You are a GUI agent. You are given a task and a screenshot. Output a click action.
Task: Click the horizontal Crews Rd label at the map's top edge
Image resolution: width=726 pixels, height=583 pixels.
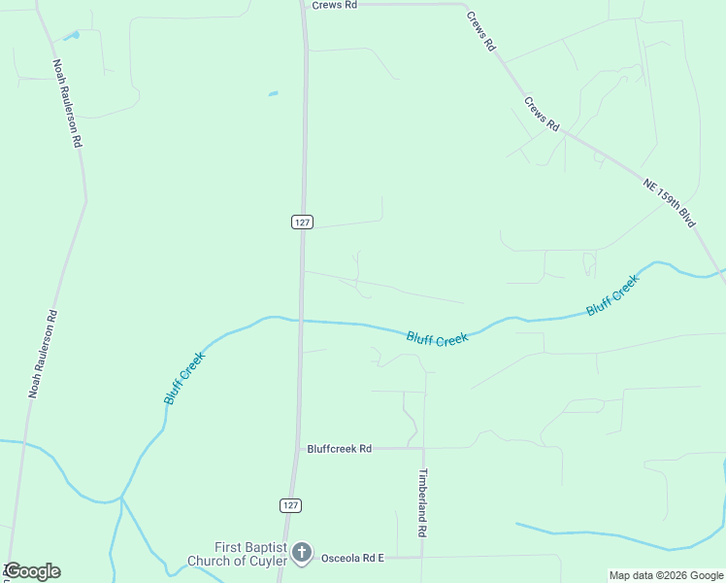335,5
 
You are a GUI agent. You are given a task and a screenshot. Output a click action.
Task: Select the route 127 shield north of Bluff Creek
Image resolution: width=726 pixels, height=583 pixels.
302,222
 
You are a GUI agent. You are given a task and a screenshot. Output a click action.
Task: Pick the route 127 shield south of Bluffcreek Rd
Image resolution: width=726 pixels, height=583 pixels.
291,505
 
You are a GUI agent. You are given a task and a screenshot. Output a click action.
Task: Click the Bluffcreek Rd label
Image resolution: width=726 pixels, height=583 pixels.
340,449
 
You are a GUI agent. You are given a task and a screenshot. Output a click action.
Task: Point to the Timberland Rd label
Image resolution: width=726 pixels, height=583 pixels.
423,504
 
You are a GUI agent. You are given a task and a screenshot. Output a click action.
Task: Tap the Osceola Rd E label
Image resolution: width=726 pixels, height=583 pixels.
353,557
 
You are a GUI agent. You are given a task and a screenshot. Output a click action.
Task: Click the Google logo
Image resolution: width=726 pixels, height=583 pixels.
33,571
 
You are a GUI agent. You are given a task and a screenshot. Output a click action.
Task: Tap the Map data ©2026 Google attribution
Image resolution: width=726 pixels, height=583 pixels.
666,575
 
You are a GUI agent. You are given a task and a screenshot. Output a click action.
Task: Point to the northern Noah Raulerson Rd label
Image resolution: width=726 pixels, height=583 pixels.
67,102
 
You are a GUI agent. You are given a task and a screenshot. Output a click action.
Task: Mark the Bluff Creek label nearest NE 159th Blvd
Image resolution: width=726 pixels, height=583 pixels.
612,295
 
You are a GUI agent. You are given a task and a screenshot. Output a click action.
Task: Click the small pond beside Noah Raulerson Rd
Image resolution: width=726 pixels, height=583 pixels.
70,36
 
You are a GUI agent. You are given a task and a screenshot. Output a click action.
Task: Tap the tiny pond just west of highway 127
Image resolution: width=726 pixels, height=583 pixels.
273,94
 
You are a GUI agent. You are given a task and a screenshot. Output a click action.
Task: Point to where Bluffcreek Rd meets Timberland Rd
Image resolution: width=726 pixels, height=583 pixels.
423,448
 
